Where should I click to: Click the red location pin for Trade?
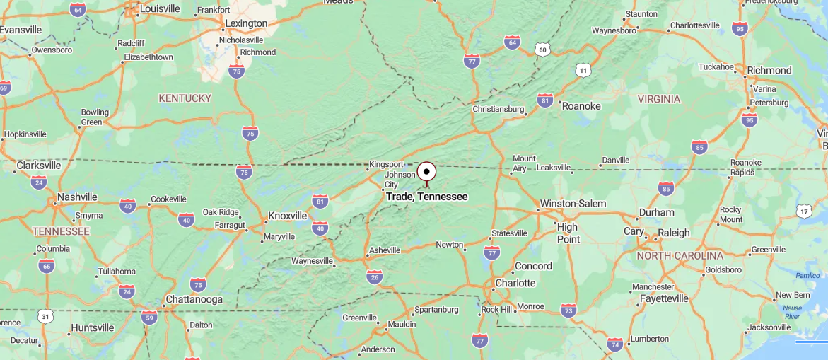click(x=426, y=173)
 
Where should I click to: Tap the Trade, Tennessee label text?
click(x=426, y=197)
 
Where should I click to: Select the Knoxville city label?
click(x=288, y=216)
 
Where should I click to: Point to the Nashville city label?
click(x=77, y=197)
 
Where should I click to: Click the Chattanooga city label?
click(x=194, y=299)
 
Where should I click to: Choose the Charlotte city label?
click(x=515, y=283)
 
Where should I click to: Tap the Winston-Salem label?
click(x=573, y=204)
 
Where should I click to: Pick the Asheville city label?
click(x=385, y=250)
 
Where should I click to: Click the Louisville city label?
click(x=160, y=9)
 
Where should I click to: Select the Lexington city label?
click(x=246, y=23)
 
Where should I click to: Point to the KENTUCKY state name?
click(x=185, y=98)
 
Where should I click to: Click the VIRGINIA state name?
click(x=658, y=99)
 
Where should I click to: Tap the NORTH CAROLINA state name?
click(x=680, y=255)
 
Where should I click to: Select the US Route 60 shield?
click(x=542, y=49)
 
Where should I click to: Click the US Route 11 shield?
click(x=583, y=70)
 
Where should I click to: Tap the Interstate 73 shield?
click(x=568, y=310)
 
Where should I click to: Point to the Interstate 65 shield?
click(x=47, y=266)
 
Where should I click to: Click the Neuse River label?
click(x=792, y=312)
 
